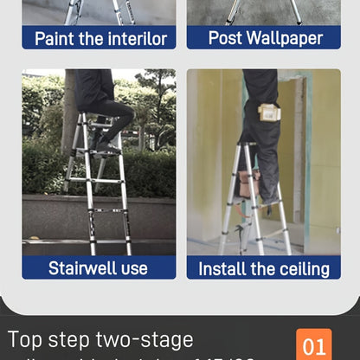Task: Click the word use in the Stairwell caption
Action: (x=134, y=268)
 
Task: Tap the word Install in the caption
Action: (x=226, y=268)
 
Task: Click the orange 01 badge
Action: (x=314, y=345)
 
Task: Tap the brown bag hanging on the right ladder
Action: (x=250, y=183)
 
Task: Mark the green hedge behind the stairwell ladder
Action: (x=147, y=173)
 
